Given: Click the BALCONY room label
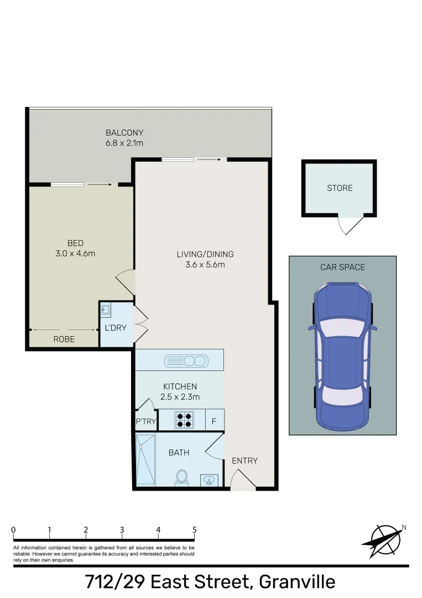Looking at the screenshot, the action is [x=124, y=133].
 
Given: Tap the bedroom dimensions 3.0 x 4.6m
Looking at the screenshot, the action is [x=75, y=253].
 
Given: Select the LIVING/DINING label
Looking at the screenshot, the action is [x=205, y=254].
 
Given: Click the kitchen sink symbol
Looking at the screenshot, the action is [x=186, y=361].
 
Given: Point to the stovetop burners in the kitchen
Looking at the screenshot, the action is [x=184, y=420].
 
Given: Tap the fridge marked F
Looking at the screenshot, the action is [x=214, y=421].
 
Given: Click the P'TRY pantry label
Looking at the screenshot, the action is [x=146, y=421].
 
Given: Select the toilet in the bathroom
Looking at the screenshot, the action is [x=181, y=478].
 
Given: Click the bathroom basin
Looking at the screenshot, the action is [x=209, y=480].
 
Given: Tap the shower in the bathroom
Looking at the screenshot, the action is [x=146, y=460].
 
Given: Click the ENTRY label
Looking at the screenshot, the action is [x=245, y=461].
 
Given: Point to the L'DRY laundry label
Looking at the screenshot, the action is [x=116, y=328].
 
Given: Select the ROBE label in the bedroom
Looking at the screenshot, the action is [x=64, y=339].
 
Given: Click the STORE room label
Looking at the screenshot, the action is [x=340, y=188].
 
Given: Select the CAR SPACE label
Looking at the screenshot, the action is [x=342, y=267].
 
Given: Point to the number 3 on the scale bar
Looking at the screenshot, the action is [x=122, y=530].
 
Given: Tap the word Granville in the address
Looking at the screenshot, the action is [x=297, y=582].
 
